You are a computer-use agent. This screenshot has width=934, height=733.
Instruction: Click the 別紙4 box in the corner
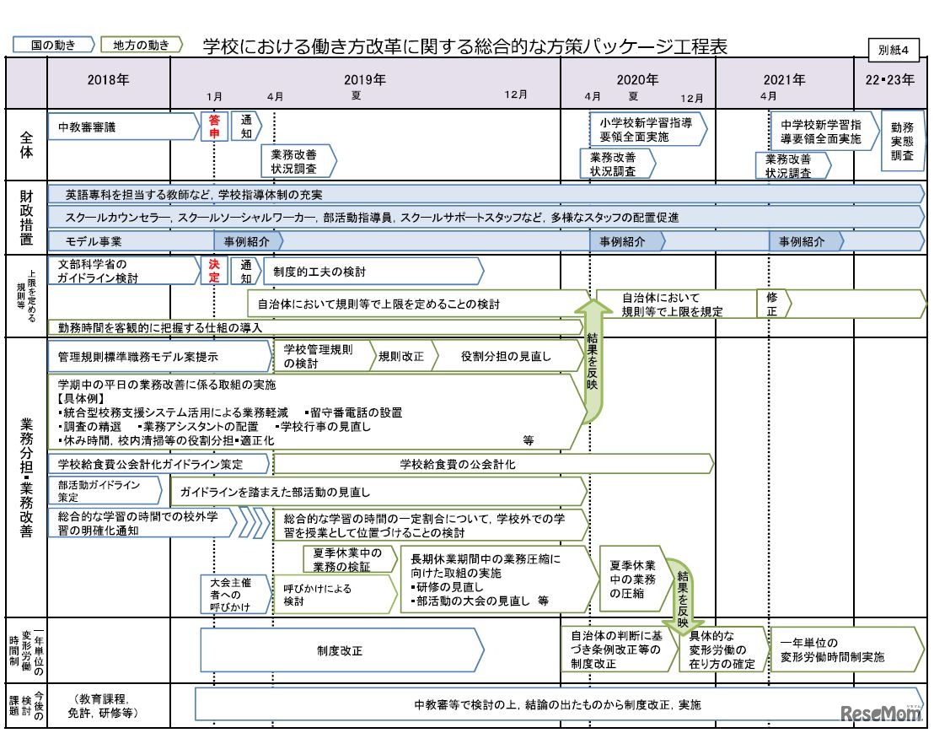point(894,49)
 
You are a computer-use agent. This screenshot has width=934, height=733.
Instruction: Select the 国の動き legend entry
point(53,45)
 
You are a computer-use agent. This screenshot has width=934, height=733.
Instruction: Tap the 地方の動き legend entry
point(141,45)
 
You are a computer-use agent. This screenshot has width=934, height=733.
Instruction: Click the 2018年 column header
point(109,81)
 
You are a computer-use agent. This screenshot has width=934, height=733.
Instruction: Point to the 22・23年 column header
point(890,81)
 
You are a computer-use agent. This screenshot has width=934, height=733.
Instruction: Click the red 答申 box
point(214,127)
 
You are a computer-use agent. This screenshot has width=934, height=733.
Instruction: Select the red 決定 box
point(214,270)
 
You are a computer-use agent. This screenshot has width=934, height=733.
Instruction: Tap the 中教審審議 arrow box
point(118,127)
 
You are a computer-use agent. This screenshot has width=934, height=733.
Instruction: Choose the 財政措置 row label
point(26,217)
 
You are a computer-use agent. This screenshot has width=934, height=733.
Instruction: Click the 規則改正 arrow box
point(402,356)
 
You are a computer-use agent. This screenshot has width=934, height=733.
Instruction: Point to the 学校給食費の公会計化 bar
point(492,464)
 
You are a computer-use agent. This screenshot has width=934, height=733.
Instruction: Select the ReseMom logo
point(882,714)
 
